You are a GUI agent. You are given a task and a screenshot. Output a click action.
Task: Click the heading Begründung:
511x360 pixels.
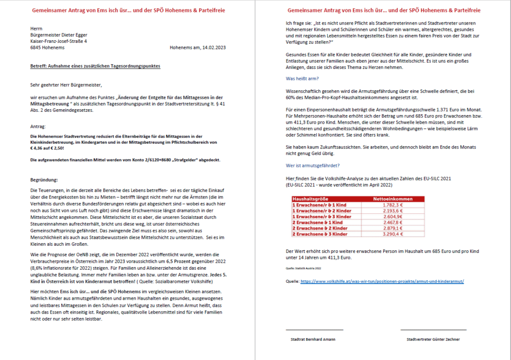coord(44,180)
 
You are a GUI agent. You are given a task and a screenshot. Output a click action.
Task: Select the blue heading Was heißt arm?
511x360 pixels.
coord(302,79)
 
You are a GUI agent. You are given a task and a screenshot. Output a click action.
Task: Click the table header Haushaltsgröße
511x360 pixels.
coord(309,198)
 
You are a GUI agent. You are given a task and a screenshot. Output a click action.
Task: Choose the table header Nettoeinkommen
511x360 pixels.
coord(392,198)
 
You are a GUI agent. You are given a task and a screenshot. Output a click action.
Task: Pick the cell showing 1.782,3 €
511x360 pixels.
coord(392,204)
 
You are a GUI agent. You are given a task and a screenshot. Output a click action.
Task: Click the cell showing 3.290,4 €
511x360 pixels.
coord(392,233)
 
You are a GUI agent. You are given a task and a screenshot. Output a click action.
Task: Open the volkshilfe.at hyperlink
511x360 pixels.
coord(382,281)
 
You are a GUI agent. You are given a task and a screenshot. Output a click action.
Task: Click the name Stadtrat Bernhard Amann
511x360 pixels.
coord(313,339)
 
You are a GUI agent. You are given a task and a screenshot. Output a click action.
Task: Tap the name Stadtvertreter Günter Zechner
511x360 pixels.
coord(433,339)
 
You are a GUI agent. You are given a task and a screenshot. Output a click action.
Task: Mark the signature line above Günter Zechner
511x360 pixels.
coord(433,330)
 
